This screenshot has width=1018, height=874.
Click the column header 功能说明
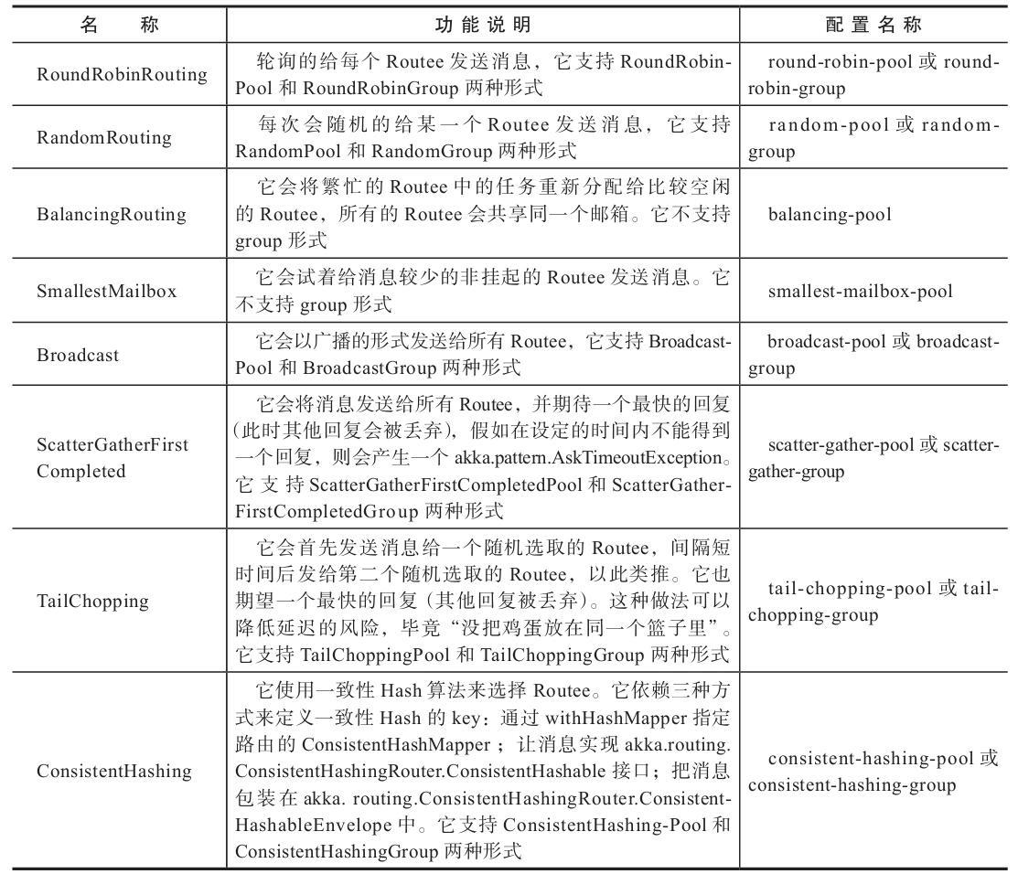(x=482, y=25)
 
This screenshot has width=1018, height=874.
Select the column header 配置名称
(x=873, y=25)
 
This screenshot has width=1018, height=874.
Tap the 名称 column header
(x=119, y=25)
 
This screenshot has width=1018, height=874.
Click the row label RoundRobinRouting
(x=122, y=75)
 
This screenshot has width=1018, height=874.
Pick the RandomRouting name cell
(x=103, y=138)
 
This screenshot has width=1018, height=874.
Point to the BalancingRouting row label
(x=111, y=215)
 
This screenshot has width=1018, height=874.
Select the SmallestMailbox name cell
(x=106, y=292)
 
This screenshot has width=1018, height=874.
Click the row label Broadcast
(x=78, y=356)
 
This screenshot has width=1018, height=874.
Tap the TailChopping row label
(x=92, y=602)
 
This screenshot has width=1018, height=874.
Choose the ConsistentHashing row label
(x=114, y=772)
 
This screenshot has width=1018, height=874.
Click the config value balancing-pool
(x=830, y=215)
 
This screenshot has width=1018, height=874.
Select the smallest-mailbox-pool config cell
(x=860, y=292)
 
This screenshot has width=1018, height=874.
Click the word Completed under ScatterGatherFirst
(x=81, y=472)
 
